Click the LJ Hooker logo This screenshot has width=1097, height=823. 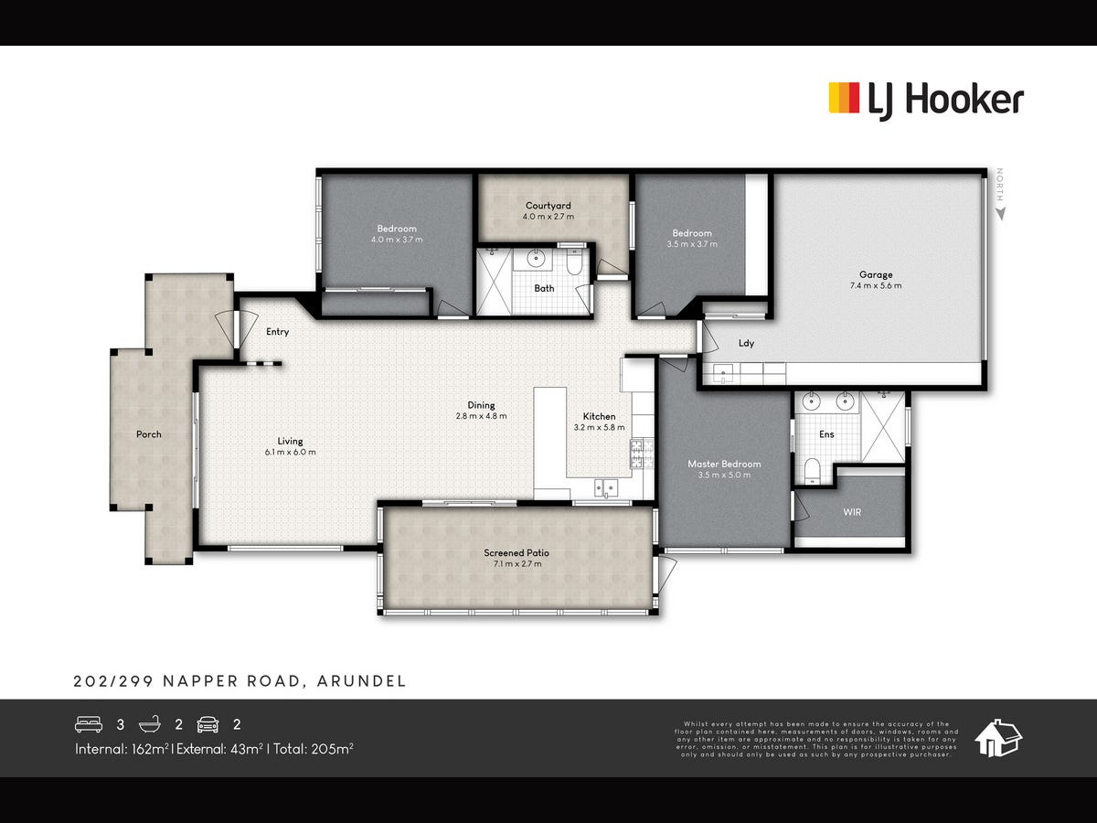(925, 99)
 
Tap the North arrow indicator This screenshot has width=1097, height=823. (1000, 195)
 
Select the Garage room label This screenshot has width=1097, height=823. (875, 274)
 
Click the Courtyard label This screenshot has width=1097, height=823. (548, 206)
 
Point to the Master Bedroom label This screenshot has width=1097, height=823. (724, 464)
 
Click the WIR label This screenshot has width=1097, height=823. (852, 512)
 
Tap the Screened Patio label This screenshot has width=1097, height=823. (517, 552)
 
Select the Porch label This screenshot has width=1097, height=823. (149, 434)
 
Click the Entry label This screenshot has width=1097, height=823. (277, 332)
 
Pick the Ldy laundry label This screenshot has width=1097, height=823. (746, 344)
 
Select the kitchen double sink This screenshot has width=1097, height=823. (607, 486)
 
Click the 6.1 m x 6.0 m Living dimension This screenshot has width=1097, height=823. (291, 452)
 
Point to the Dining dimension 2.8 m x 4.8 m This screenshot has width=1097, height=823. (481, 415)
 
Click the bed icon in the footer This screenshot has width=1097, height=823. (88, 724)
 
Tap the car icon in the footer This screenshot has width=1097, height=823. (208, 724)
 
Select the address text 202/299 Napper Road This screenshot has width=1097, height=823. (240, 681)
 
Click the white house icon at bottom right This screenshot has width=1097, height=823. (997, 737)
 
